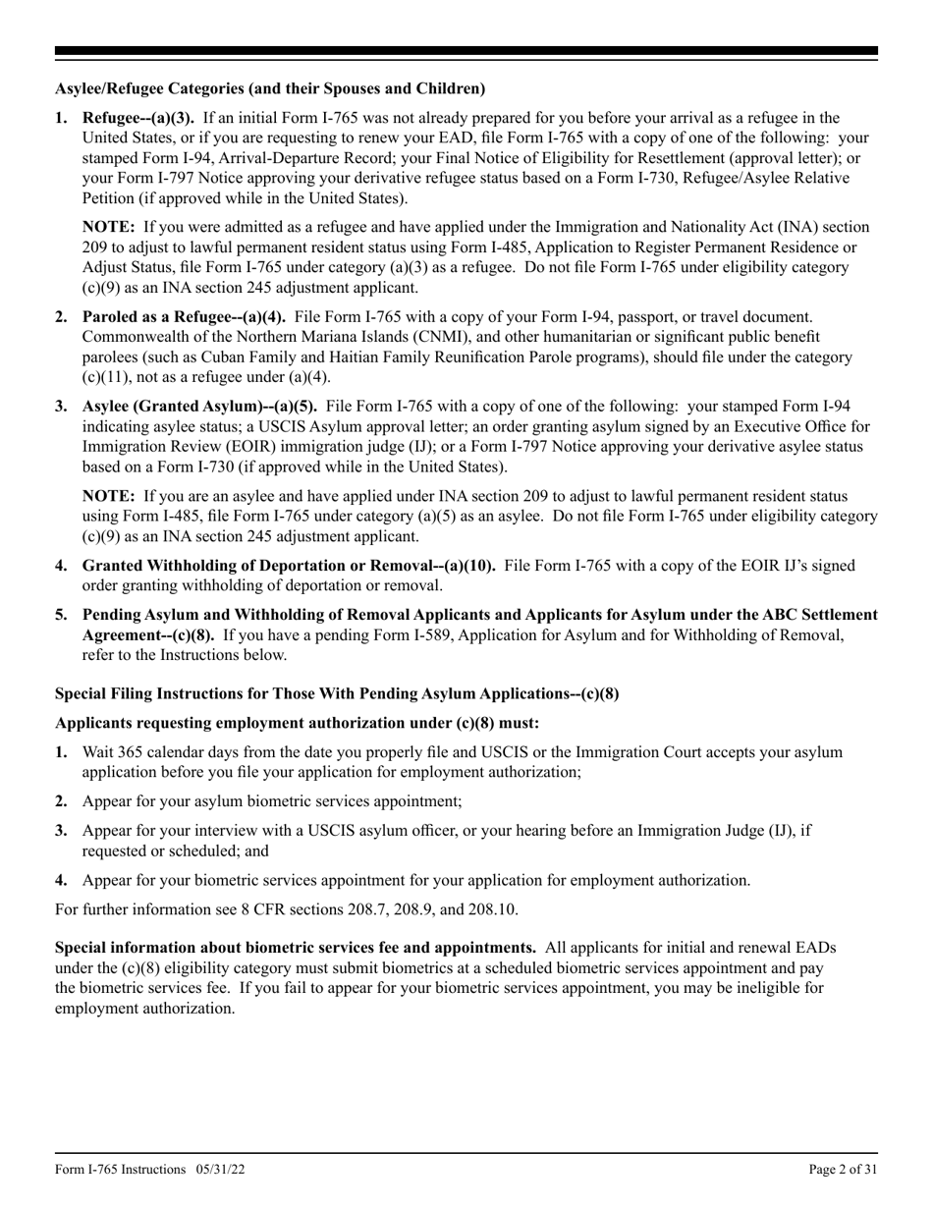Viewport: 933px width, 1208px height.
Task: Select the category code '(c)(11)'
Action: [105, 378]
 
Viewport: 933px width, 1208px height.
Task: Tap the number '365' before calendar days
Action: [133, 752]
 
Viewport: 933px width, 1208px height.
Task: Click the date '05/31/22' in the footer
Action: [218, 1170]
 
